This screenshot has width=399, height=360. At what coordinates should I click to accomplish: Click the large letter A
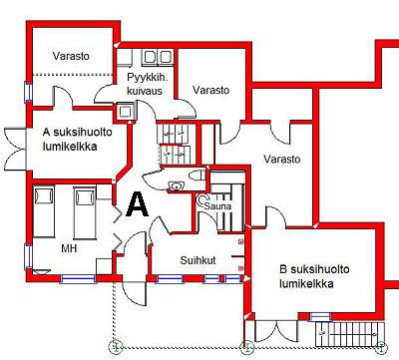[137, 204]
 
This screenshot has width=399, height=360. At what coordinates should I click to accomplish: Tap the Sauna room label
[217, 206]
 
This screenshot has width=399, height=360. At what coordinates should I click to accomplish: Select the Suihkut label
[198, 260]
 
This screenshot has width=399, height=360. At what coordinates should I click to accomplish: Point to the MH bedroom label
[69, 248]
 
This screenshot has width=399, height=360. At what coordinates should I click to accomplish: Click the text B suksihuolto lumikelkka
[314, 276]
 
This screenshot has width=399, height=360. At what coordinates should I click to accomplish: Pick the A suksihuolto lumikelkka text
[78, 140]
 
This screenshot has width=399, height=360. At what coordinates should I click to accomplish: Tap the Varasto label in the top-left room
[71, 56]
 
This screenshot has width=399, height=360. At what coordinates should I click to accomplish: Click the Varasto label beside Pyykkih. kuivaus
[211, 90]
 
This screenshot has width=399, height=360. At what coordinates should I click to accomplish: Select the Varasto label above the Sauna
[282, 159]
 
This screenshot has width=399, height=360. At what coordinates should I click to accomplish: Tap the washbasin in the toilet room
[176, 185]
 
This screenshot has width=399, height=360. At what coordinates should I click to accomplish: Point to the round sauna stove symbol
[201, 199]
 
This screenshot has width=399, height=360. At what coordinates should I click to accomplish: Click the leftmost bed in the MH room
[44, 211]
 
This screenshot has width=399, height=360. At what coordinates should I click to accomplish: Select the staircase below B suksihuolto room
[349, 334]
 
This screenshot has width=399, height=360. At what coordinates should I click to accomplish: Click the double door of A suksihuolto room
[15, 149]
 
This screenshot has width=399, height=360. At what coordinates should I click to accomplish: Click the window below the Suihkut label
[170, 279]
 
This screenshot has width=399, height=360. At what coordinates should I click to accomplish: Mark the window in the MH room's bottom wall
[78, 279]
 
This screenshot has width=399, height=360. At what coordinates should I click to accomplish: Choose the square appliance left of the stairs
[126, 112]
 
